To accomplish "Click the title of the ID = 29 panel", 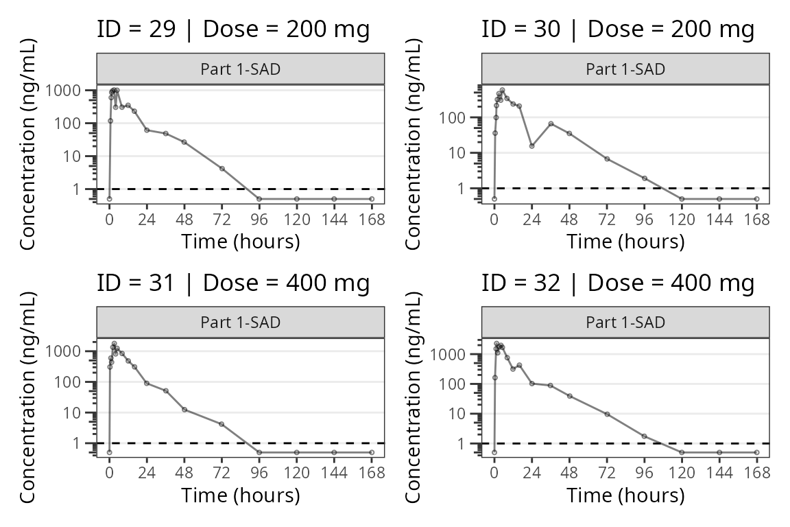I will click(233, 30).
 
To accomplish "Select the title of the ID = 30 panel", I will click(618, 30).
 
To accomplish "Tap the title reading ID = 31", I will click(233, 283).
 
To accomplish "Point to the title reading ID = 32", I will click(618, 283).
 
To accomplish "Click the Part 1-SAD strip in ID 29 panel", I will click(240, 69).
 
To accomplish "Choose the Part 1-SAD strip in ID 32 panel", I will click(625, 323).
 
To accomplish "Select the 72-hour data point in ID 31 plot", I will click(222, 424).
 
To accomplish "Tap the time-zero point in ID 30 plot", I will click(494, 199).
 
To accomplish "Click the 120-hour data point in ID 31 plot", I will click(297, 452).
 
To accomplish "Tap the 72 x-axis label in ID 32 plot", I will click(607, 473).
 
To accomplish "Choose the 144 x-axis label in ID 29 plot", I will click(334, 220).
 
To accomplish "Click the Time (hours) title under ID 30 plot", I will click(625, 242).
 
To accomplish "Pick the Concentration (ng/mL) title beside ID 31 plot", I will click(28, 396).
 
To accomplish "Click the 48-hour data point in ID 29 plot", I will click(184, 142).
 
